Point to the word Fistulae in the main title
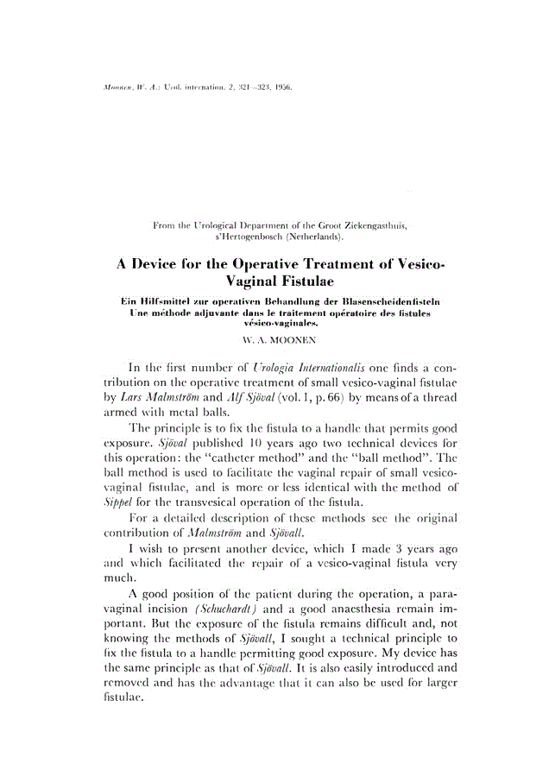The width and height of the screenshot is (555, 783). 313,282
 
